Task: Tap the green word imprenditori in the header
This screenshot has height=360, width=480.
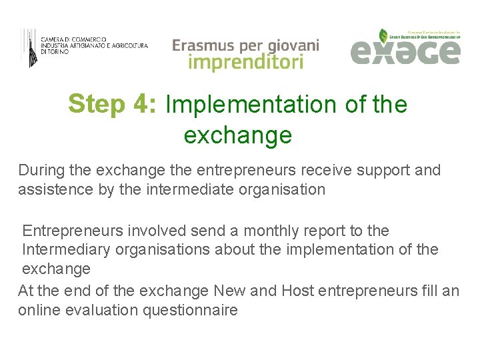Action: pos(245,63)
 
